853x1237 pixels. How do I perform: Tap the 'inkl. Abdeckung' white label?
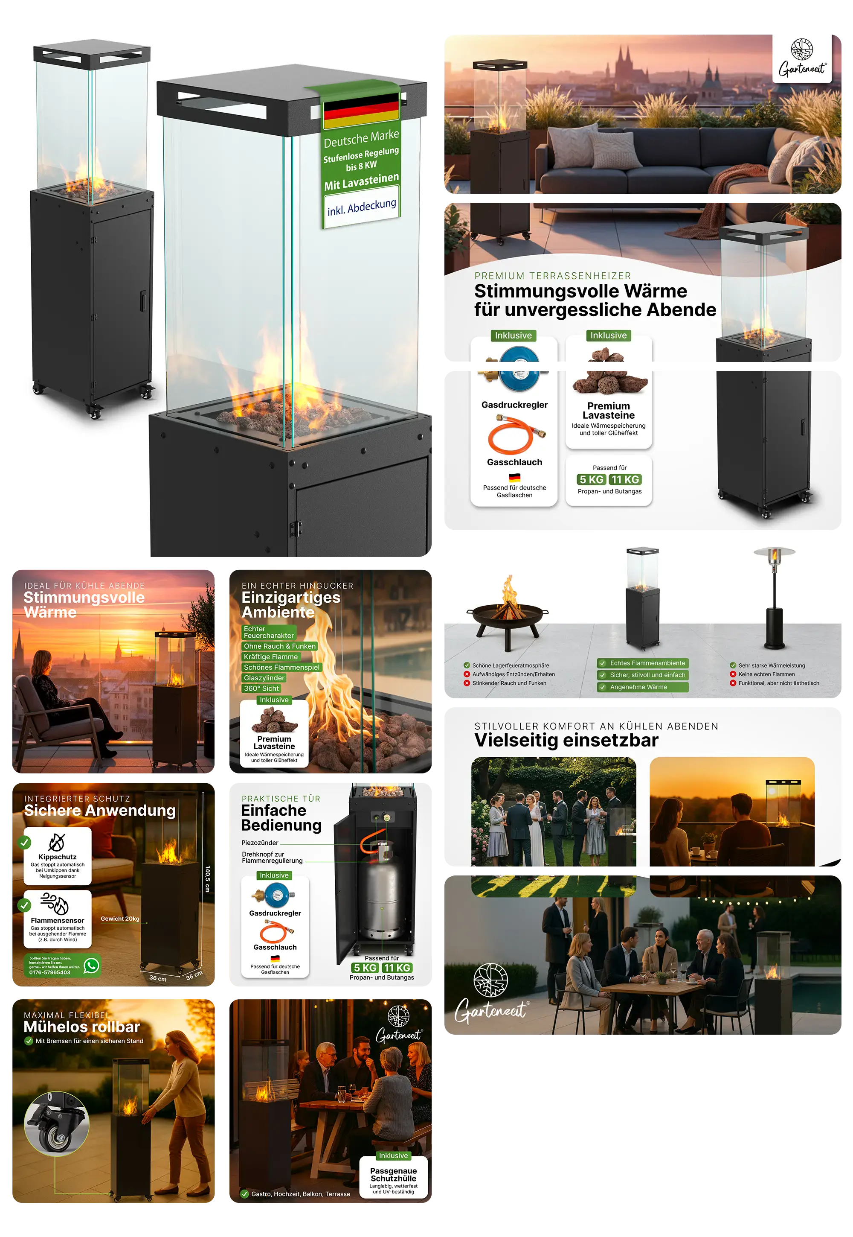click(362, 207)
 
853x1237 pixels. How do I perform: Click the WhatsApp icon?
click(91, 966)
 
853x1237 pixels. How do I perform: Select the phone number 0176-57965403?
click(50, 972)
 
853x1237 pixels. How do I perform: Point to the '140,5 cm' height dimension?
click(207, 879)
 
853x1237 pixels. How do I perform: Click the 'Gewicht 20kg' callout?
click(120, 919)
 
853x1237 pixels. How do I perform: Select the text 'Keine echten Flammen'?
click(766, 674)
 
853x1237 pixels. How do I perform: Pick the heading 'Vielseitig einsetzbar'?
click(566, 740)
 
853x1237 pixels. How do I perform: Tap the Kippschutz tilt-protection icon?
click(57, 842)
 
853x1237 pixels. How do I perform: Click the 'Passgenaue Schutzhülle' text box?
click(393, 1178)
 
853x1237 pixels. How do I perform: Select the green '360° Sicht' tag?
click(261, 689)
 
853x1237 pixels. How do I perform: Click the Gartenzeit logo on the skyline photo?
click(802, 58)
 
